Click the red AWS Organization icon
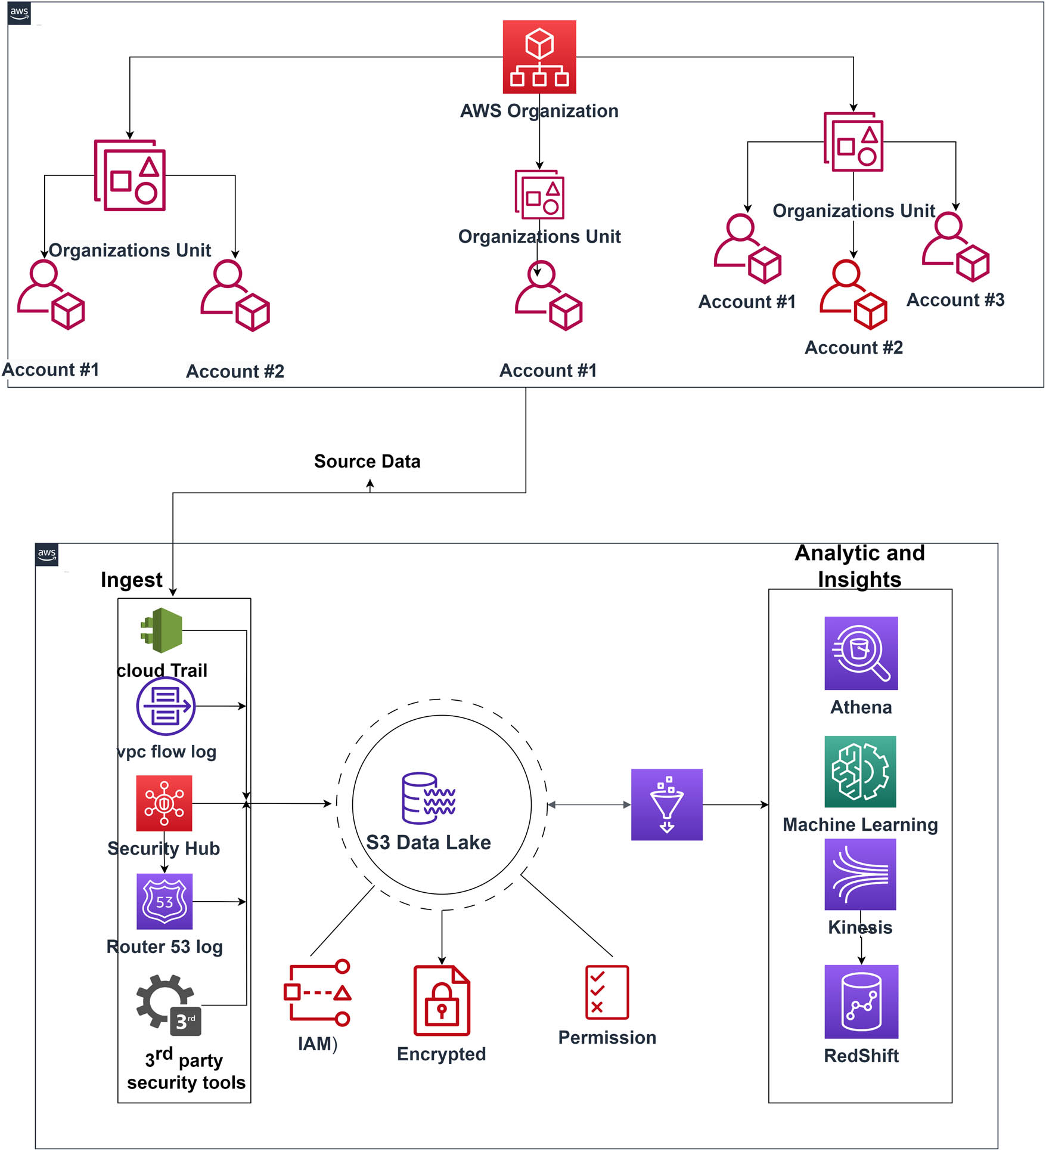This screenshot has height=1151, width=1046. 539,57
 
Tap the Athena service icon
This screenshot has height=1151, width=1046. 861,653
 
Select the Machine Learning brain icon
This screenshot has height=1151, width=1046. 860,771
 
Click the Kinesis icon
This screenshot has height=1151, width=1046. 860,874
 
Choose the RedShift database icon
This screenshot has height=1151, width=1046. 861,1001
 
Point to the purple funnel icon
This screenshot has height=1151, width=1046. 666,805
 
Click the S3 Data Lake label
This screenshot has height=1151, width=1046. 428,842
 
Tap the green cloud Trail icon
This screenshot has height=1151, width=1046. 162,630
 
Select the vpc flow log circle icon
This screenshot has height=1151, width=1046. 166,706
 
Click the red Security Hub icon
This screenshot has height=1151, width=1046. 164,803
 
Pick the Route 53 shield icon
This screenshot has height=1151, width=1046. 164,901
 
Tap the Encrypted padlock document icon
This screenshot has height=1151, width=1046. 442,1000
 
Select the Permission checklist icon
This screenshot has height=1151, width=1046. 607,992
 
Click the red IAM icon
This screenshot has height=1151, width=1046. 317,992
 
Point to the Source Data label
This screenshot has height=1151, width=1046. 367,461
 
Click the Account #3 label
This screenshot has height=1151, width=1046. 955,299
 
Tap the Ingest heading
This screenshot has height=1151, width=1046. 131,580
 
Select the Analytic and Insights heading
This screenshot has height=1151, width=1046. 859,566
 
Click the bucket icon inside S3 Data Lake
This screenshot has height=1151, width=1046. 429,798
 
